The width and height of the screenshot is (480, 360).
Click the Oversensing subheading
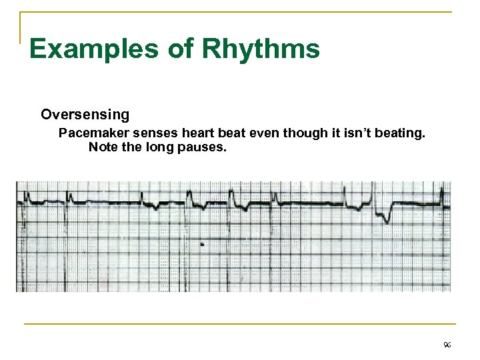click(x=85, y=115)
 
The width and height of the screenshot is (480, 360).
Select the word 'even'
click(x=257, y=133)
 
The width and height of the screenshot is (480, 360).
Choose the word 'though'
click(x=299, y=133)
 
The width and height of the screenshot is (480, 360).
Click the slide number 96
click(x=446, y=344)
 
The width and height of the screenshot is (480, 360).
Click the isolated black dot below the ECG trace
click(x=202, y=245)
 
